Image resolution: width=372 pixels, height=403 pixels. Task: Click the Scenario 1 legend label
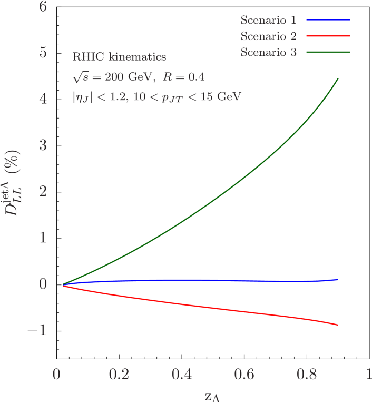point(268,21)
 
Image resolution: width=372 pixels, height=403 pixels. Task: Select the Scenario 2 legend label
point(268,36)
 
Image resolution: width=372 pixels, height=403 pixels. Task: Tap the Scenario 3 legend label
point(268,53)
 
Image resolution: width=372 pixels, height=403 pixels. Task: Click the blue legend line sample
point(328,20)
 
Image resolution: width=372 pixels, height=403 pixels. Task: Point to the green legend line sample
point(328,52)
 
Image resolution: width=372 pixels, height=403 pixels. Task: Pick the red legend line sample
point(328,36)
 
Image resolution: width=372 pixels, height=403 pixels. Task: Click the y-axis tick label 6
point(43,7)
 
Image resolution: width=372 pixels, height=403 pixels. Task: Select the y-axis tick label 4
point(43,99)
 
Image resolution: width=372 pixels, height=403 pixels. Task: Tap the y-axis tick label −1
point(37,330)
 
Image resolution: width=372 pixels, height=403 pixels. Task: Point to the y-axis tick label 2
point(43,191)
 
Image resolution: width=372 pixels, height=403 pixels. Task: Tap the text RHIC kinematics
point(120,57)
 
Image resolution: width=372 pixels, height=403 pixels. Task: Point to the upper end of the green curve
point(338,78)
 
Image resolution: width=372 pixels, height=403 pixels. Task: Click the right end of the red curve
point(338,325)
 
